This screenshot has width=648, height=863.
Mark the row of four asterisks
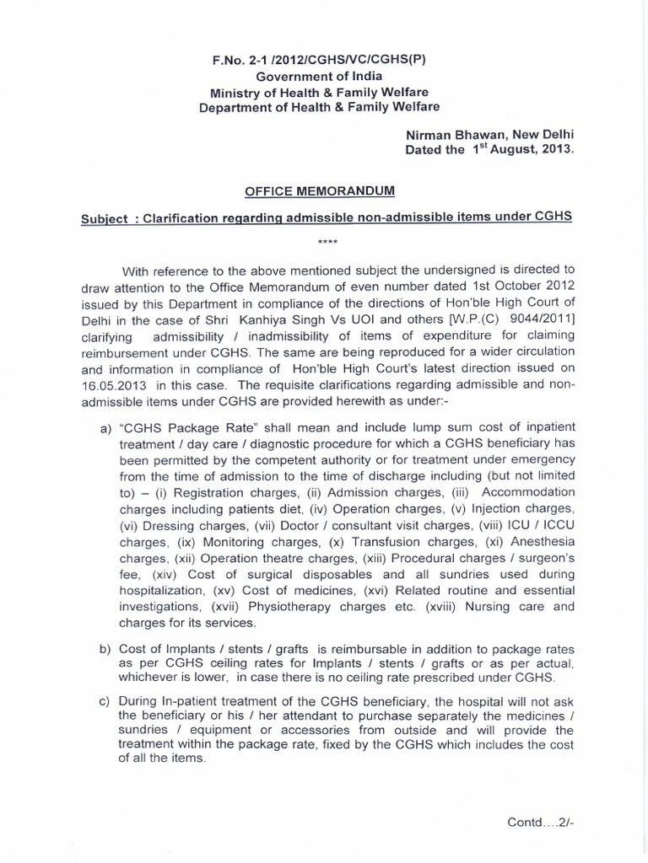point(327,244)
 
